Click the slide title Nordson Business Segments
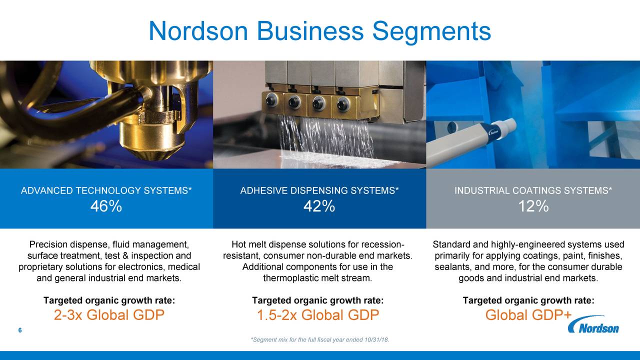pyautogui.click(x=319, y=31)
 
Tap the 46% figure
pyautogui.click(x=106, y=206)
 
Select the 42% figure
pyautogui.click(x=319, y=206)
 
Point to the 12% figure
pyautogui.click(x=533, y=206)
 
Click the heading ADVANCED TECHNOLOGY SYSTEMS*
pyautogui.click(x=106, y=190)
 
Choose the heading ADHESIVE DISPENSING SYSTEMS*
pyautogui.click(x=319, y=190)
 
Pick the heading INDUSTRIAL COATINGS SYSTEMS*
pyautogui.click(x=533, y=190)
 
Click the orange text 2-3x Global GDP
pyautogui.click(x=109, y=315)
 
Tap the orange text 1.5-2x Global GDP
pyautogui.click(x=318, y=315)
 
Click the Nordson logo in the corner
pyautogui.click(x=593, y=326)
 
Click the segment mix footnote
pyautogui.click(x=319, y=340)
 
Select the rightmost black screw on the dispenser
pyautogui.click(x=343, y=103)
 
